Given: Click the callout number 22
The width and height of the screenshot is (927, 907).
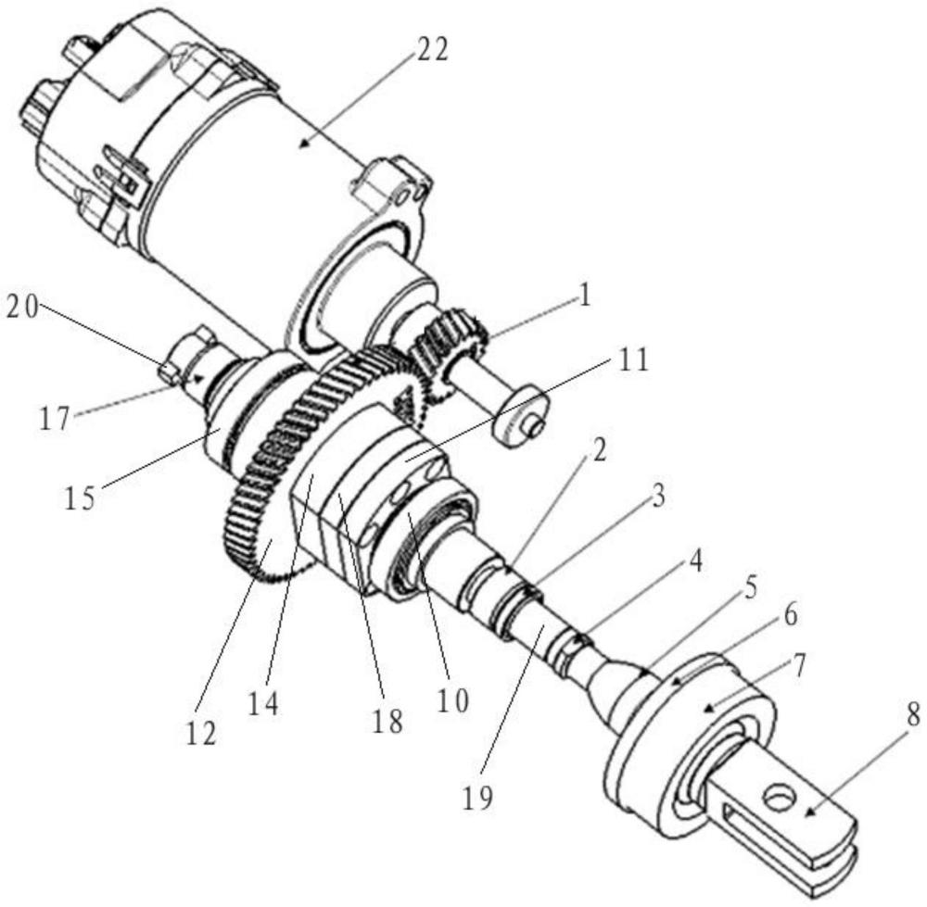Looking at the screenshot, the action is click(432, 51).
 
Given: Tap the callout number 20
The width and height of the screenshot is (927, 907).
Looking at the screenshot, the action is click(22, 309).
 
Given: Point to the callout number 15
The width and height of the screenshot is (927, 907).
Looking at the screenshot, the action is click(79, 498).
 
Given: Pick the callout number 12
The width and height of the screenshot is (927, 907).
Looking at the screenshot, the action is click(200, 733).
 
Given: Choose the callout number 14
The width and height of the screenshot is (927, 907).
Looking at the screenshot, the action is click(262, 702).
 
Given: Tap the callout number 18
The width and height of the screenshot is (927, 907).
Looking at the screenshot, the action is click(387, 722).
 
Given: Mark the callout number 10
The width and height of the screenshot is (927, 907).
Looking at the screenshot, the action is click(453, 700).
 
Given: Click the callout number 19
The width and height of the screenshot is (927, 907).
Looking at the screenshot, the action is click(477, 799).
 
